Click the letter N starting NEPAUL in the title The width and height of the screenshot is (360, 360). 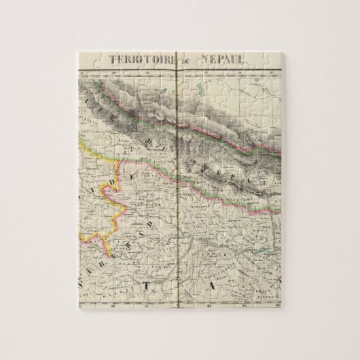pos(204,58)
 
